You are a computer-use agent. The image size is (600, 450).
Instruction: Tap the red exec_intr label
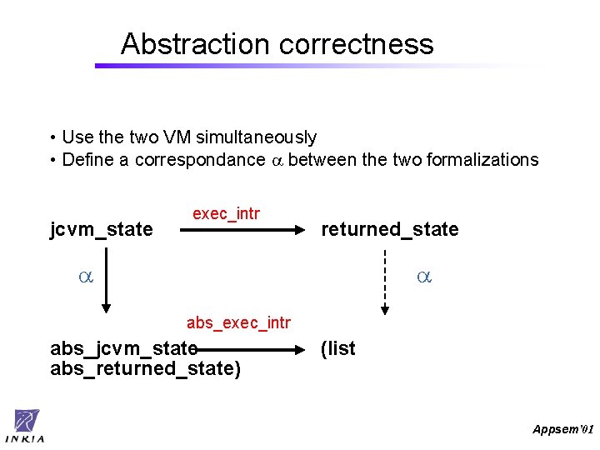226,214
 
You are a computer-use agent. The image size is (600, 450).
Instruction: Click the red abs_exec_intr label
238,322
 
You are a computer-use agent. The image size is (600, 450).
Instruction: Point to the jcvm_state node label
102,229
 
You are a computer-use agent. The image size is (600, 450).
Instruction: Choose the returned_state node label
390,229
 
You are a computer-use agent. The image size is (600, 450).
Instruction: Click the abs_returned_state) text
145,368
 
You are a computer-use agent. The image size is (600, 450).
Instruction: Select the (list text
338,348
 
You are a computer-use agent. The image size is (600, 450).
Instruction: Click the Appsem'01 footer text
562,429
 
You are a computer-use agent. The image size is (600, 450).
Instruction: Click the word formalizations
482,160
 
